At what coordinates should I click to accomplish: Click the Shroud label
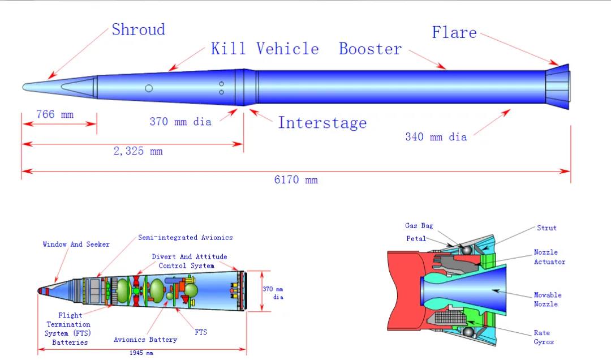click(x=138, y=29)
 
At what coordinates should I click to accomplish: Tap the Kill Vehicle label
click(x=265, y=49)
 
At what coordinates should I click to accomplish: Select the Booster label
click(x=370, y=49)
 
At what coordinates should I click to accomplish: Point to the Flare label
click(x=454, y=32)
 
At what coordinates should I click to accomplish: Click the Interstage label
click(x=322, y=123)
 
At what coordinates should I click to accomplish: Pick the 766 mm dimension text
click(x=55, y=114)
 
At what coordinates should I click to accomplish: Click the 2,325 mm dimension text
click(x=137, y=151)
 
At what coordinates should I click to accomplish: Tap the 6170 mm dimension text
click(x=296, y=180)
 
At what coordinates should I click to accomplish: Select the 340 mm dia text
click(x=436, y=136)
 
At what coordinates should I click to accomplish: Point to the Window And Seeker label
click(x=76, y=244)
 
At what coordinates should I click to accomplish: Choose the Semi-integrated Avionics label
click(x=186, y=237)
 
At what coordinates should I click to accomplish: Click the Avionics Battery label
click(x=145, y=340)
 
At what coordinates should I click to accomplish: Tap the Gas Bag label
click(x=419, y=226)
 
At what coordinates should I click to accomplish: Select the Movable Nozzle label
click(x=548, y=299)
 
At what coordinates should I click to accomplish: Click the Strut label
click(x=547, y=228)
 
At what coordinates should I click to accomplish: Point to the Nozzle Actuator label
click(x=549, y=257)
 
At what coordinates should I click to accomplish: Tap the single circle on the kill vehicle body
click(x=149, y=88)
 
